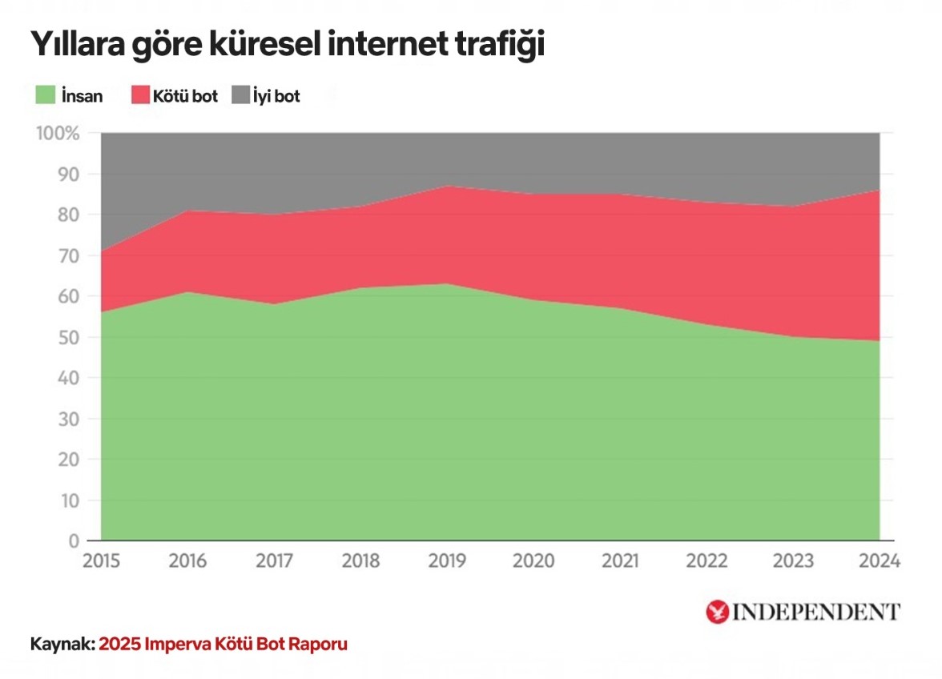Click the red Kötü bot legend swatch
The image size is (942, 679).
(140, 96)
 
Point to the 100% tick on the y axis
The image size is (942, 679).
(58, 134)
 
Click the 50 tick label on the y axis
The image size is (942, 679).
(68, 338)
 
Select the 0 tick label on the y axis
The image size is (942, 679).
(74, 542)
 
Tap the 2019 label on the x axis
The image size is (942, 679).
(447, 561)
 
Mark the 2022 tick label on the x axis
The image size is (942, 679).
(706, 561)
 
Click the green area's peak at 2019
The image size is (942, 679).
(447, 283)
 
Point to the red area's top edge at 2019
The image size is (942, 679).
(447, 186)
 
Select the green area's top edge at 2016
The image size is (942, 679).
(187, 291)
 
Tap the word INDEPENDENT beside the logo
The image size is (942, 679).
(816, 613)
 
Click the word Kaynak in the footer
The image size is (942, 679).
(60, 645)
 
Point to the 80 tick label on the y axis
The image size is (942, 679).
(68, 215)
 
